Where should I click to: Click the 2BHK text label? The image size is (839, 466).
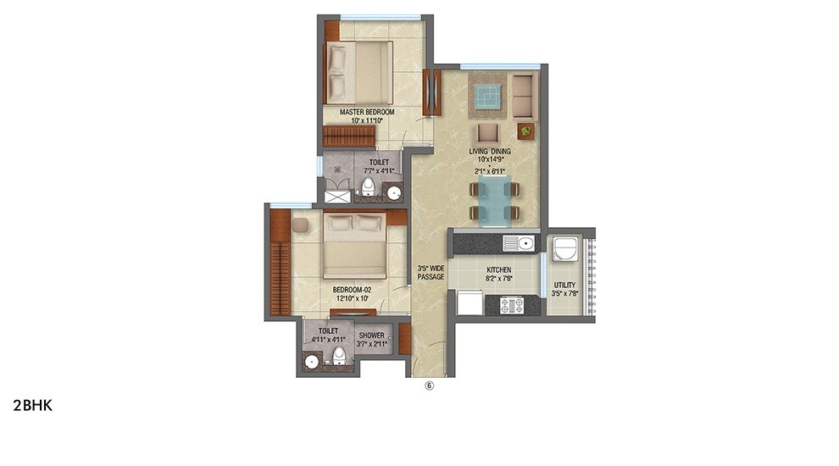pos(33,405)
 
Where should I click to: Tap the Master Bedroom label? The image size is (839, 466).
pos(366,112)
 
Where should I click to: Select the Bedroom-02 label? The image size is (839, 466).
pos(352,289)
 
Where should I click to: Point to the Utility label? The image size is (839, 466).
pos(565,286)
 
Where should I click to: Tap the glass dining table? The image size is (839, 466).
pos(495,202)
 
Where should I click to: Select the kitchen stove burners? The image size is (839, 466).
pos(513,304)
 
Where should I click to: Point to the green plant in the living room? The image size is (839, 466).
pos(526,130)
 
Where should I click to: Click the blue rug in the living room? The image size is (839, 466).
pos(486,97)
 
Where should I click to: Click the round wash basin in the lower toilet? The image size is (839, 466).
pos(312,362)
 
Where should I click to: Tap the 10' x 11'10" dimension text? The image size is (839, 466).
pos(366,121)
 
